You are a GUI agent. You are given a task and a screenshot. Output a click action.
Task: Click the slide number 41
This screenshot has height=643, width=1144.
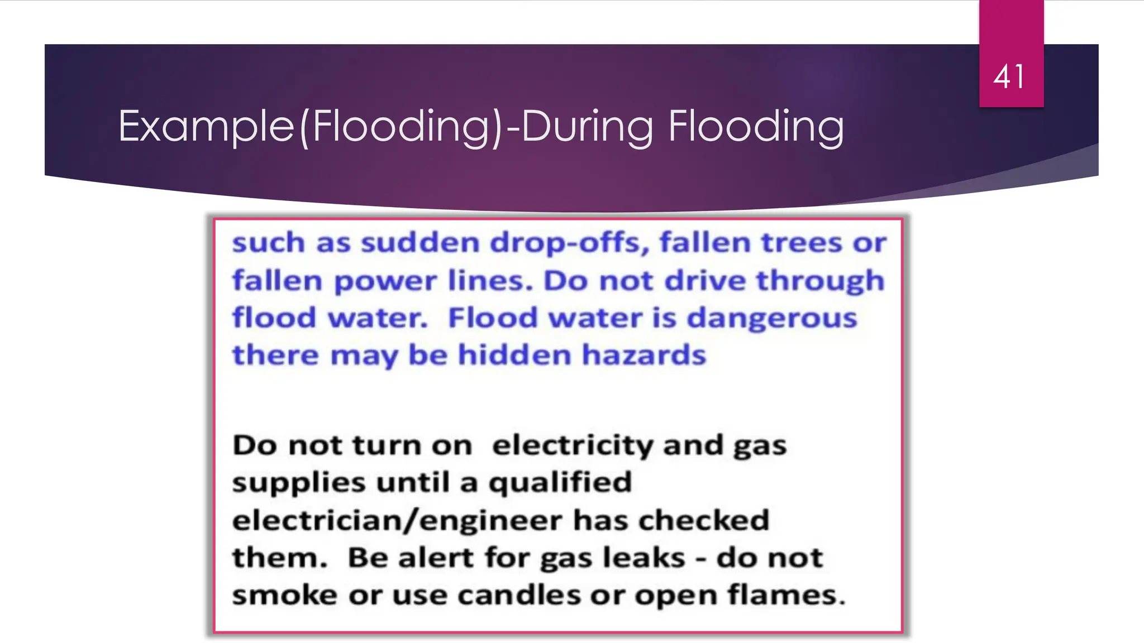pos(1009,77)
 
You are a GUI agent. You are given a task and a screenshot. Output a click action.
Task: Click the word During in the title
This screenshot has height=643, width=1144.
pos(587,127)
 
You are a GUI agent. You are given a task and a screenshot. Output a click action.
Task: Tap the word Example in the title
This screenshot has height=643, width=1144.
pos(206,127)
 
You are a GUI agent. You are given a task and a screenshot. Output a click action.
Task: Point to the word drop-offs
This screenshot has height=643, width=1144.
pos(570,243)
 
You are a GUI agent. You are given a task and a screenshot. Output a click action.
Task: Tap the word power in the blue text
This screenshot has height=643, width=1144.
pos(385,281)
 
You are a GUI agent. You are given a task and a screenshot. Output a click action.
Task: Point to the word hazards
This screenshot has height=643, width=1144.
pos(644,355)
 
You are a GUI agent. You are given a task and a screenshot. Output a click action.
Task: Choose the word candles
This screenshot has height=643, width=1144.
pos(519,595)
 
